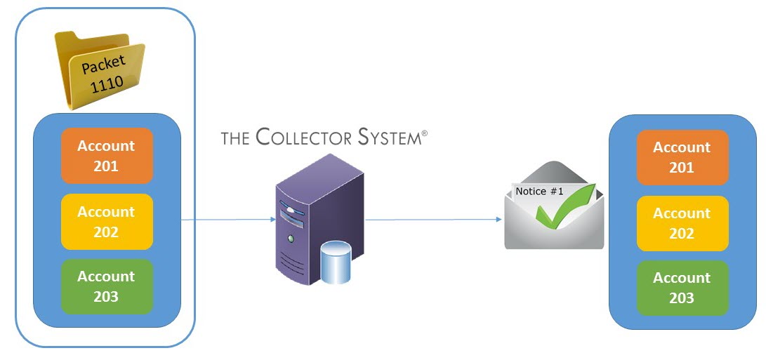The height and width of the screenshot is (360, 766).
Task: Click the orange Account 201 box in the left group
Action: click(106, 156)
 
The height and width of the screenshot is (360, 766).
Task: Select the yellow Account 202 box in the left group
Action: click(106, 222)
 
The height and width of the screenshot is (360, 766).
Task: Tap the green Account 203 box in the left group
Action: click(106, 286)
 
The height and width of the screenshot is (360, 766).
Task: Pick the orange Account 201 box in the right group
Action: click(682, 157)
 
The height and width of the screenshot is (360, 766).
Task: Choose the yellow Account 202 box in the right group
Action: click(682, 223)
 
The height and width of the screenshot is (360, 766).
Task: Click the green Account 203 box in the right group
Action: click(682, 288)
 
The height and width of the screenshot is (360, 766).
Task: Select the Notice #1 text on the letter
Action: click(539, 191)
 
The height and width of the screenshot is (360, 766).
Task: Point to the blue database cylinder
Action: click(335, 263)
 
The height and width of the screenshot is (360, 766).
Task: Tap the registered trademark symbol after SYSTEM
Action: click(423, 131)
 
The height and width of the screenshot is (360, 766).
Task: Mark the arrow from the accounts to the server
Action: click(228, 220)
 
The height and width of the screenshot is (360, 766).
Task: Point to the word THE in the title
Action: click(235, 138)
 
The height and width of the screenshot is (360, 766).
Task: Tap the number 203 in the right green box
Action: click(682, 298)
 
